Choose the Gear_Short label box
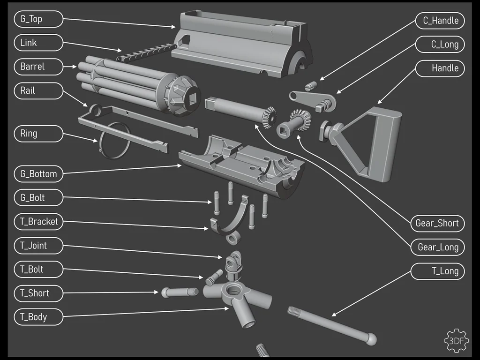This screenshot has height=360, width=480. (x=437, y=223)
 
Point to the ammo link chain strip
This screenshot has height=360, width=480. (x=145, y=51)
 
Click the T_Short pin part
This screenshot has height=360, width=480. (x=180, y=292)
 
